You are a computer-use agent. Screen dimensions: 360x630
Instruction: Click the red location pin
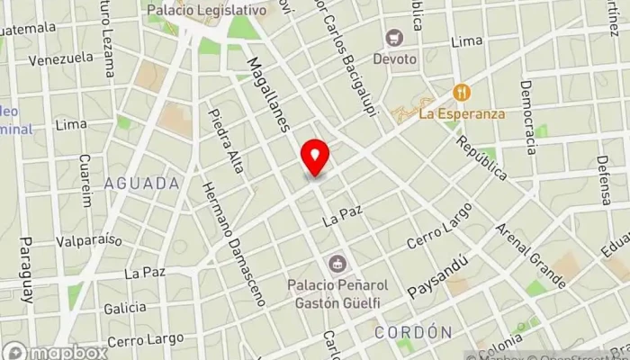click(315, 157)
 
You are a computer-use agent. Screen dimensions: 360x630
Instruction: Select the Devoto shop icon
click(393, 38)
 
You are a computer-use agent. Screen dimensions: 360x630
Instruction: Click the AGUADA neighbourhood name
click(142, 184)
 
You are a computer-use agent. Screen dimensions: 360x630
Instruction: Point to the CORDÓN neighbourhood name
click(412, 332)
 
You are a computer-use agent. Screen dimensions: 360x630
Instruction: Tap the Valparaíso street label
click(87, 242)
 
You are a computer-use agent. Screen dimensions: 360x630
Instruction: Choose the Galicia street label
click(124, 308)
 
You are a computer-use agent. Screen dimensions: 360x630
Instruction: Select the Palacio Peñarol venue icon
click(337, 264)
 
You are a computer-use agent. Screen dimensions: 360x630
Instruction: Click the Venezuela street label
click(61, 58)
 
